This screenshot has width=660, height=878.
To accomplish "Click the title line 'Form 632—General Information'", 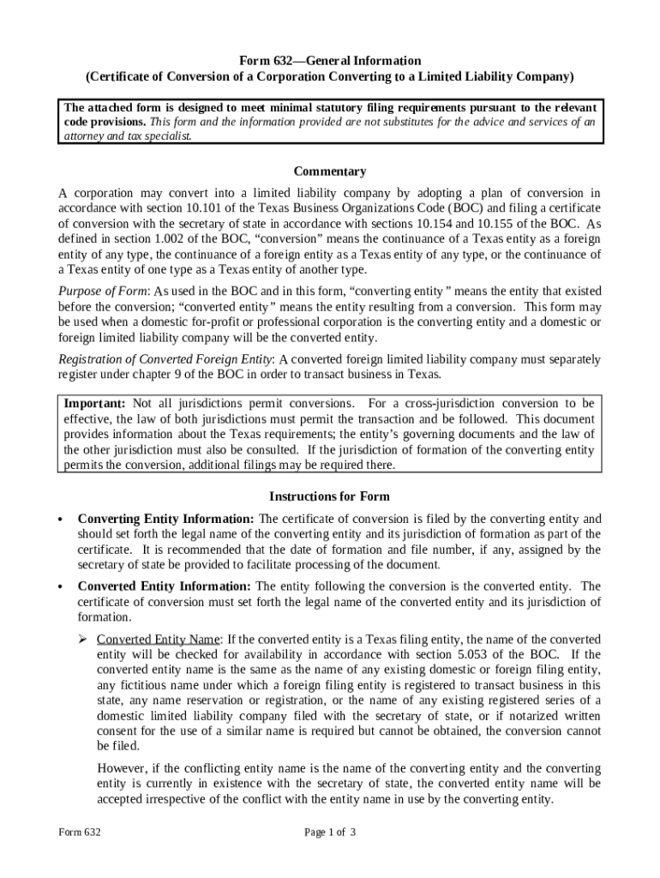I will point(330,60).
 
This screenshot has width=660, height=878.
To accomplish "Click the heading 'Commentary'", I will point(330,171).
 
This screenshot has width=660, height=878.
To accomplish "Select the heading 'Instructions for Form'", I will point(330,496).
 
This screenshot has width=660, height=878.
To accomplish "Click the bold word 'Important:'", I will point(95,403).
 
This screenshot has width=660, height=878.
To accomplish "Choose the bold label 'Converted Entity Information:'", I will point(164,586).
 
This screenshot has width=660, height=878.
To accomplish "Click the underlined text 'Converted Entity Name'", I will point(159,640).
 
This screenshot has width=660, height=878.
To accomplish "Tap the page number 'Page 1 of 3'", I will point(330,832).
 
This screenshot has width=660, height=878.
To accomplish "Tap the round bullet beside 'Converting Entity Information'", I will point(61,520).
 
